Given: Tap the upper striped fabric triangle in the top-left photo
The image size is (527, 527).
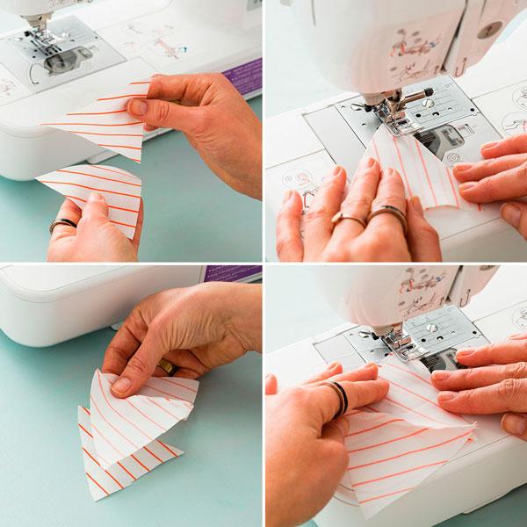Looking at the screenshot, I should pos(105,123).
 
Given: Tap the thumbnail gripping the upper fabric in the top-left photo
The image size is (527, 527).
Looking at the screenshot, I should pos(136,107).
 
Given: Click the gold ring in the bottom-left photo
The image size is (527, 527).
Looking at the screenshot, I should pos(166,366).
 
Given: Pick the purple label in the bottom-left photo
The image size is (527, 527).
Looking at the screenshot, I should pos(231,272).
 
